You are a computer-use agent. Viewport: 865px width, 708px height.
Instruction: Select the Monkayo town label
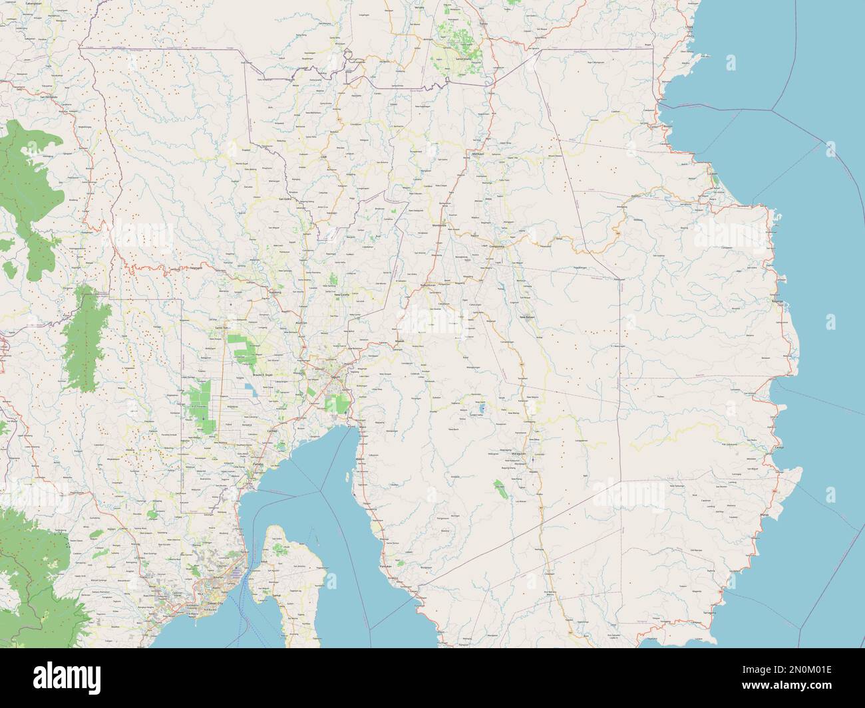click(x=477, y=154)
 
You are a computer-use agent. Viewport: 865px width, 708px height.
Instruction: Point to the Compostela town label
click(x=498, y=247)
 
